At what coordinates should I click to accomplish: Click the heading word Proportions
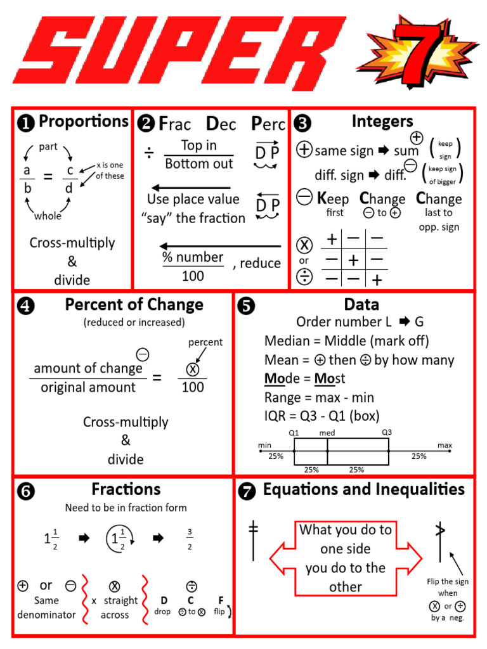pos(83,121)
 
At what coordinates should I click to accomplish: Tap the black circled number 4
pos(26,306)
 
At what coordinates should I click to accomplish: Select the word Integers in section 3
pos(382,121)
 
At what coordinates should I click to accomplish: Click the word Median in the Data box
pos(285,341)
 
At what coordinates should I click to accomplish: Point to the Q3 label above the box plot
pos(387,432)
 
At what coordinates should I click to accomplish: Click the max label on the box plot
pos(445,446)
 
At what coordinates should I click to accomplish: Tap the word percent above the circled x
pos(205,342)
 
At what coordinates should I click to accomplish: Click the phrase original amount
pos(88,387)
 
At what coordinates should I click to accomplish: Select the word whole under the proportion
pos(48,216)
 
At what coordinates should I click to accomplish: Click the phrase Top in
pos(198,145)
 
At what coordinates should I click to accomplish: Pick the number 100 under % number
pos(193,276)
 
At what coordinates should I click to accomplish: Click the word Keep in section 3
pos(333,199)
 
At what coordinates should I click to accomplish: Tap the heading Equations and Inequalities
pos(363,489)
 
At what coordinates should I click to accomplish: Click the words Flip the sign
pos(447,581)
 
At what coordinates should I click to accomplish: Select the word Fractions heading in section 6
pos(126,489)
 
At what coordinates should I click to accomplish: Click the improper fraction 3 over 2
pos(190,539)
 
